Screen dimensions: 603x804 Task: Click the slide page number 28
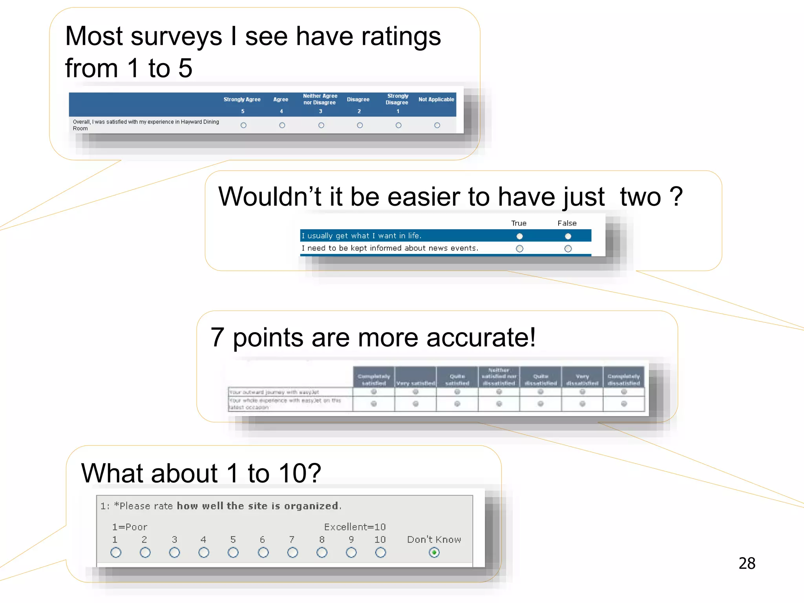point(747,563)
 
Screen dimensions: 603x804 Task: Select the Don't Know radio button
point(434,552)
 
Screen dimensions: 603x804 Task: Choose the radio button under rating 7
point(292,552)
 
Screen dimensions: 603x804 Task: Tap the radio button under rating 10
point(380,552)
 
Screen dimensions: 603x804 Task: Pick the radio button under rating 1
point(116,552)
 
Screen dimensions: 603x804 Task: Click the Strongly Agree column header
point(242,100)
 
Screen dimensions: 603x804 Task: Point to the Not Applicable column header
point(436,100)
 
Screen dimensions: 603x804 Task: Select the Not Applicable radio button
point(437,125)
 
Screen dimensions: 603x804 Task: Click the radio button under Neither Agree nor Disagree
point(321,125)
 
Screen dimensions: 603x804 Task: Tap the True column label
point(519,223)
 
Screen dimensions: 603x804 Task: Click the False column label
point(567,223)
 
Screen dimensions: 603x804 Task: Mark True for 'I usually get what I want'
point(519,236)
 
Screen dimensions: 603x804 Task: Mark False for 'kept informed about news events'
point(568,249)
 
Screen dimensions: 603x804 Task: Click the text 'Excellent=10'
point(355,527)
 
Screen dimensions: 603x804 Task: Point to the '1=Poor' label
point(130,527)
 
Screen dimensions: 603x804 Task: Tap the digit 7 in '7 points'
point(217,338)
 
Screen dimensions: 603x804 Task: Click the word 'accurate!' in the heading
point(481,338)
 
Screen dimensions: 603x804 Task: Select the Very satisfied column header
point(415,383)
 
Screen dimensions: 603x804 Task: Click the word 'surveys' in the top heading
point(176,36)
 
